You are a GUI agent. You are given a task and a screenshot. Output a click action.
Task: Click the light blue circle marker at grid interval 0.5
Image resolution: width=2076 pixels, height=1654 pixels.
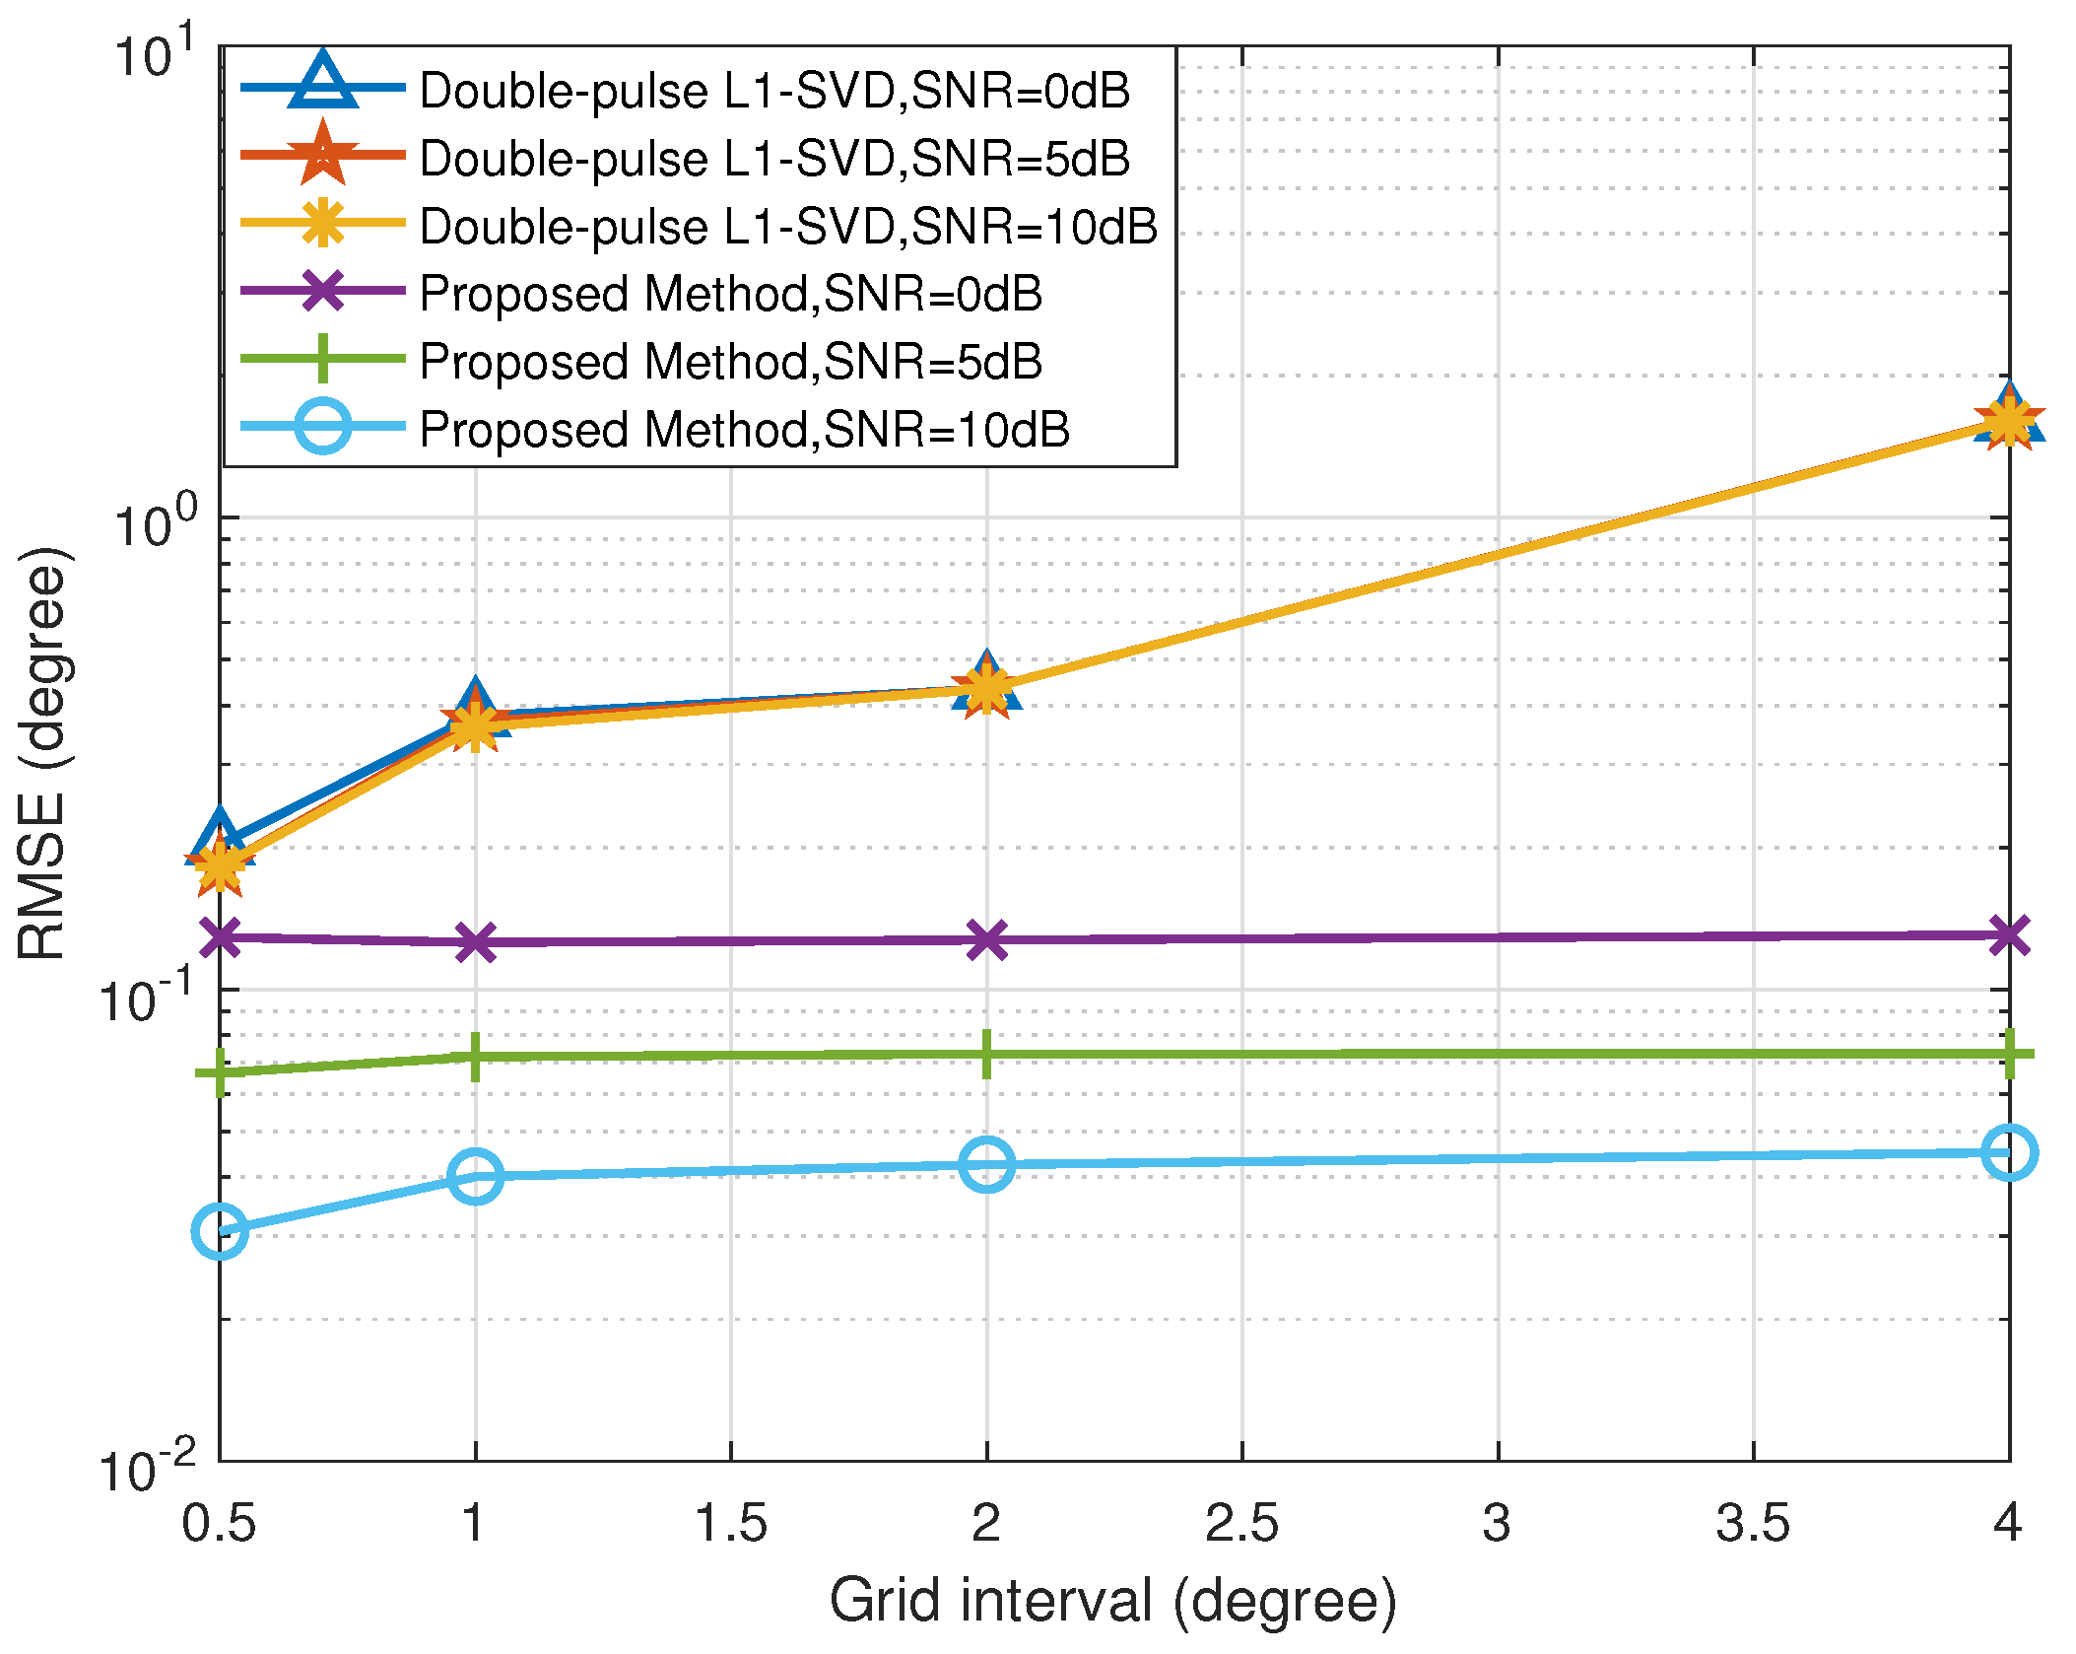(220, 1230)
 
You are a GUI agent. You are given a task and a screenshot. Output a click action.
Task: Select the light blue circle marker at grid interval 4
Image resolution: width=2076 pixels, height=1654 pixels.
(2008, 1151)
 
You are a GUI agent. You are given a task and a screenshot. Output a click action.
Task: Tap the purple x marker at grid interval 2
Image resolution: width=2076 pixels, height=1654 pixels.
(986, 939)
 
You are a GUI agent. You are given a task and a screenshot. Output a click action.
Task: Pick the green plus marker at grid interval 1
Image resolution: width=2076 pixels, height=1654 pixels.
(475, 1057)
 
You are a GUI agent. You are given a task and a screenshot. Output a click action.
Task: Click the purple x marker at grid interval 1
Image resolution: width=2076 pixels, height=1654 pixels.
(475, 942)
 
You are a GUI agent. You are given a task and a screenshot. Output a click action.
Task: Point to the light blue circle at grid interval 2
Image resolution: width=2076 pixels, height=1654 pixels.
(986, 1164)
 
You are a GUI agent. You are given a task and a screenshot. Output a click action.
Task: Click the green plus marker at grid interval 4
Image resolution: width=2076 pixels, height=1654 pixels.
(2008, 1054)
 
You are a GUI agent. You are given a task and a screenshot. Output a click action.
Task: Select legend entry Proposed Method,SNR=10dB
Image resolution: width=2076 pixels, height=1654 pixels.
(744, 430)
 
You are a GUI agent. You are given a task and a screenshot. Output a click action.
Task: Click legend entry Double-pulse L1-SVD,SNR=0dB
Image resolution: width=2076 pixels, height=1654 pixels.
(774, 91)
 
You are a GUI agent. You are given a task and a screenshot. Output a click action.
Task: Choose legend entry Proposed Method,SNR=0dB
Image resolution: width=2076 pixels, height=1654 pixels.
(730, 294)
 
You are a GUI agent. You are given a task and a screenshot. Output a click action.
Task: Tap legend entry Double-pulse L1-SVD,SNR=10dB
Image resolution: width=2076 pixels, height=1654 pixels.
(788, 227)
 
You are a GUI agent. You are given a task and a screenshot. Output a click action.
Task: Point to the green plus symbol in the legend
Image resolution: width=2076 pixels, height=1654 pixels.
(322, 359)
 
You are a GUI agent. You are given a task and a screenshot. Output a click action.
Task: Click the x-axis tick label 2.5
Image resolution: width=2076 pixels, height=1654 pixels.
(1241, 1523)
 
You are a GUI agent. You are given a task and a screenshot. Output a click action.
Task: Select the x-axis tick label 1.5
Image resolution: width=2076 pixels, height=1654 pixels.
(730, 1523)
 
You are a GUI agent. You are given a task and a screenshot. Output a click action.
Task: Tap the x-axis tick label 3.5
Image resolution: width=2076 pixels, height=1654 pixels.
(1753, 1523)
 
